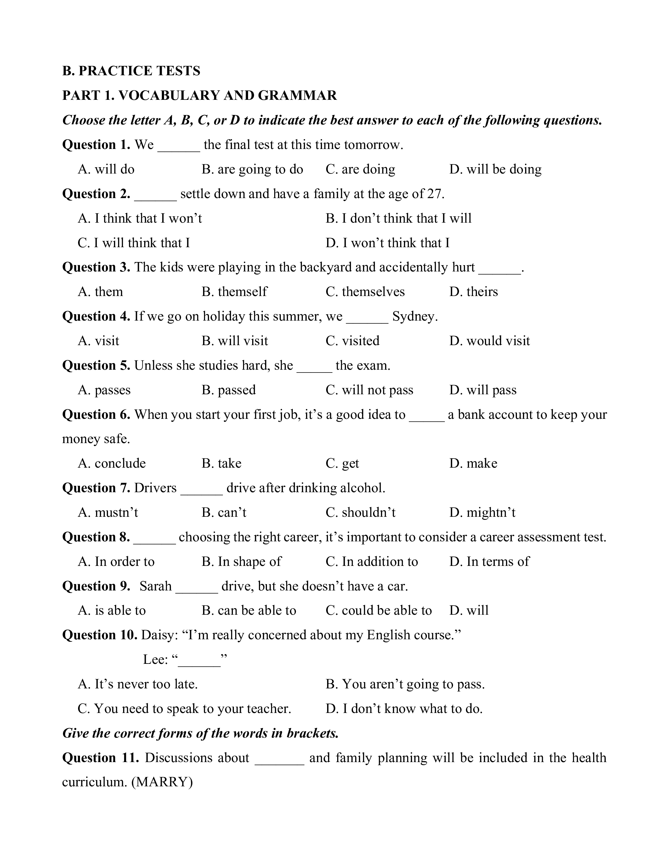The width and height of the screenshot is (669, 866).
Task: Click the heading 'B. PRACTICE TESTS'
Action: [131, 71]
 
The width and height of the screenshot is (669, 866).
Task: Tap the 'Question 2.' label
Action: [96, 194]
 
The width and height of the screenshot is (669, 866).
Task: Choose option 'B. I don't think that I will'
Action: [398, 219]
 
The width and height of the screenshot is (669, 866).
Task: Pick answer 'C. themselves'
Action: [365, 292]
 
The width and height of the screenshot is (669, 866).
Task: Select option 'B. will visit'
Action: [235, 341]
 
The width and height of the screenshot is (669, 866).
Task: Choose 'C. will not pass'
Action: [369, 390]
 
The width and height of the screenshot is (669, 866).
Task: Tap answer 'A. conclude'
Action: [112, 464]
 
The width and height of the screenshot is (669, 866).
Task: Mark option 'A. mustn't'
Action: [108, 513]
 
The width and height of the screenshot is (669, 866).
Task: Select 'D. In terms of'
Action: [489, 562]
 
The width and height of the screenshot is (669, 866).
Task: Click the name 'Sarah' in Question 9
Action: [155, 586]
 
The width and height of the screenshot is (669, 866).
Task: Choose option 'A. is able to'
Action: [112, 611]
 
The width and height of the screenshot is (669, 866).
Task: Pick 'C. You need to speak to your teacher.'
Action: [184, 709]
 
